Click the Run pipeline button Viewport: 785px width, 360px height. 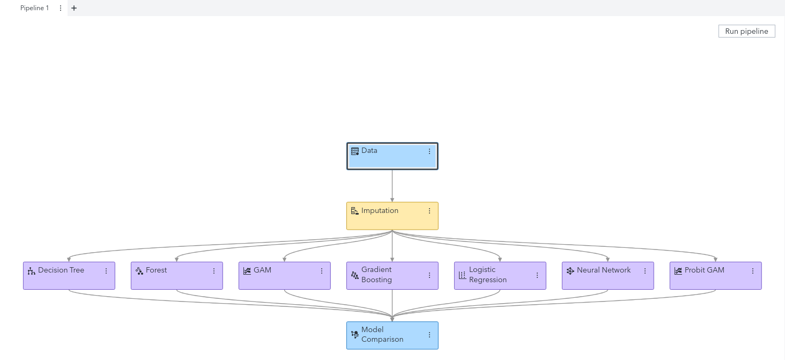746,31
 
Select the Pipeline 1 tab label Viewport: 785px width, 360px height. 34,8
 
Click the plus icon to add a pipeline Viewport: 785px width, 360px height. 74,8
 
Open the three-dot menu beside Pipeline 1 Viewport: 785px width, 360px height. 60,8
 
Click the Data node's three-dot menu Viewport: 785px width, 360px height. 429,151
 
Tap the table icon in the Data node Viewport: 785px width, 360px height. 354,151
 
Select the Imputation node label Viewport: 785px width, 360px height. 380,210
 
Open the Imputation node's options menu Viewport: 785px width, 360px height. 429,211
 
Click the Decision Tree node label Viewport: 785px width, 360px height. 61,270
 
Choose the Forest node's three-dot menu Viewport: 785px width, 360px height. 214,270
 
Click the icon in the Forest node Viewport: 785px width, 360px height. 139,270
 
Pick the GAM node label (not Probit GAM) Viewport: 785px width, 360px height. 262,270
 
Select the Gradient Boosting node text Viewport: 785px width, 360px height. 376,275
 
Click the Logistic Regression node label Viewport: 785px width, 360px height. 488,275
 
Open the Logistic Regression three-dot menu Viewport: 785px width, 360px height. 537,275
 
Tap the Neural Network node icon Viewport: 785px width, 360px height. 570,270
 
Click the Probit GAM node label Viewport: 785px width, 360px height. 705,270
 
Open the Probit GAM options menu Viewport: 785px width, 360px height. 753,270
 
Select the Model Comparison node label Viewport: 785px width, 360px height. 382,334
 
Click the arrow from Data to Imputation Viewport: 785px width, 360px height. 392,186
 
